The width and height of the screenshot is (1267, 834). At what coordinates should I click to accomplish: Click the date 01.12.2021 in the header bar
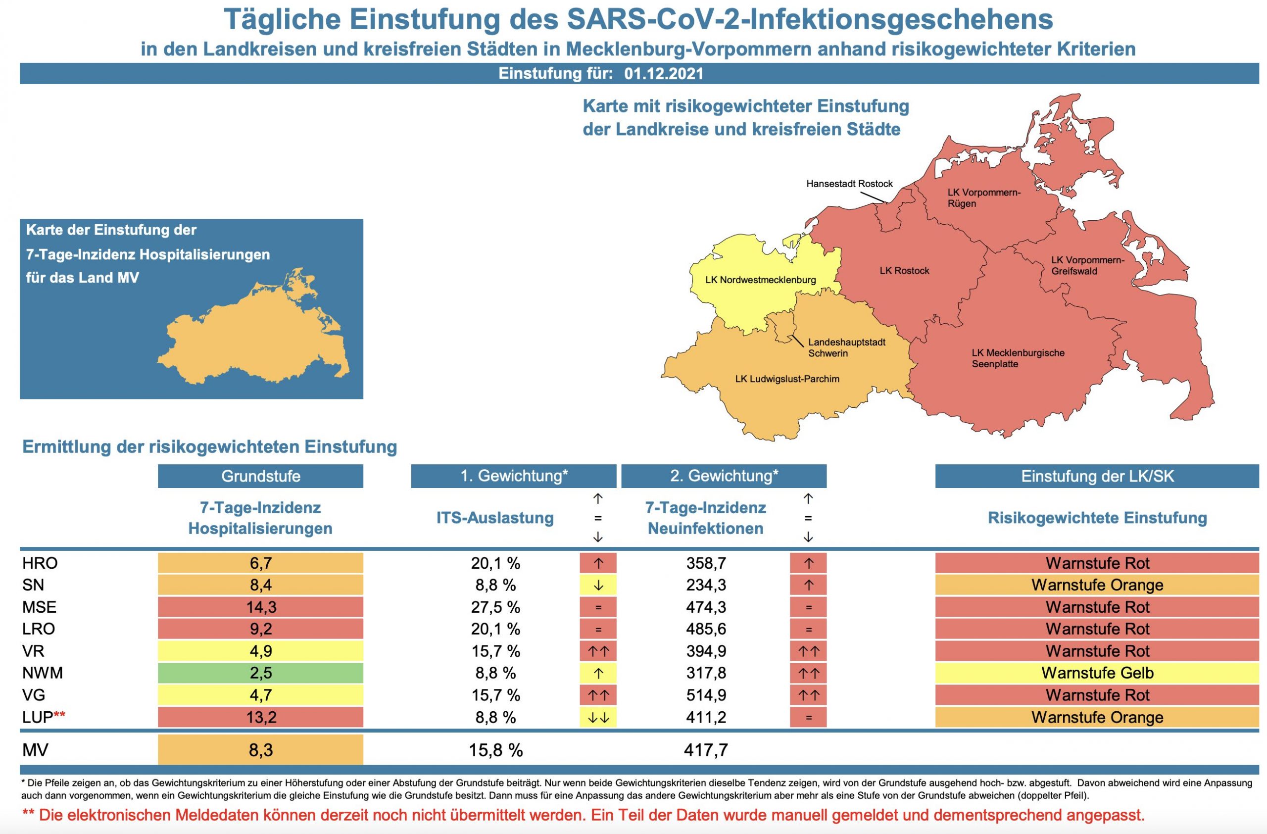663,73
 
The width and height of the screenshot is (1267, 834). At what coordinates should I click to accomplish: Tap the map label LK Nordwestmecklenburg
760,280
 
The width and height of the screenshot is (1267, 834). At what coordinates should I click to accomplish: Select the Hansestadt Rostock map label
849,184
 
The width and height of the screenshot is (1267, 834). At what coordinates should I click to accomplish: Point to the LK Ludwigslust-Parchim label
787,379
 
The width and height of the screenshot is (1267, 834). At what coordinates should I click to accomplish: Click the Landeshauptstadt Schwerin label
846,347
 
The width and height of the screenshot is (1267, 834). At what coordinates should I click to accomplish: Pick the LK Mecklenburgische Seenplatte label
1018,358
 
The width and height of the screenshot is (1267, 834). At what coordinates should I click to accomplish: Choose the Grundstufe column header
260,476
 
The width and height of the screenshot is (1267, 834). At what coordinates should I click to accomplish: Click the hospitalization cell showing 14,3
260,607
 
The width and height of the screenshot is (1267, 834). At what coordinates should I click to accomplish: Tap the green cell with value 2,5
260,673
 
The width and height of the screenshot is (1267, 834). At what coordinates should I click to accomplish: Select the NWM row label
43,673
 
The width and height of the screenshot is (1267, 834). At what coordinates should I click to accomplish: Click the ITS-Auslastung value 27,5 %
495,607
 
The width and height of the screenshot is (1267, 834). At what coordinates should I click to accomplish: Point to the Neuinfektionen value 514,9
706,695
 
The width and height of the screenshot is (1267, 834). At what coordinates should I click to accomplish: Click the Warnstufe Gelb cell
1097,673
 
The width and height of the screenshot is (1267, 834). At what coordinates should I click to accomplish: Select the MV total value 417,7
706,750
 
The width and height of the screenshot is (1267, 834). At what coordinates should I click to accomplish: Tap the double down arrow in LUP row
598,718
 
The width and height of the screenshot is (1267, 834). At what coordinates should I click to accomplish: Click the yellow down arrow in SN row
598,585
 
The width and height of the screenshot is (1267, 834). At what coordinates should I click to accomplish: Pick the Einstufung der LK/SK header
1097,476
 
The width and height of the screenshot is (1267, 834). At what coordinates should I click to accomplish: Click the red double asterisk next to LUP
59,715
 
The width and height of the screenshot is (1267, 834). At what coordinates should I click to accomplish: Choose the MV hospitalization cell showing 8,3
260,750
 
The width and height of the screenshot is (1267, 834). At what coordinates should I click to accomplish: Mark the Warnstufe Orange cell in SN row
1097,585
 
